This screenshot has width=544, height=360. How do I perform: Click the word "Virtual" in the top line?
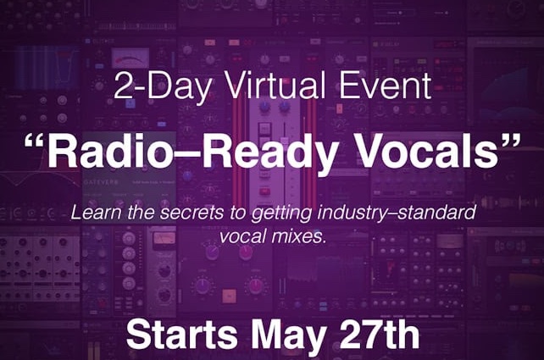[277, 85]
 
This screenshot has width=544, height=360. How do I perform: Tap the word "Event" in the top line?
[385, 85]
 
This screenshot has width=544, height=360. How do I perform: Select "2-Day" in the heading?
[162, 86]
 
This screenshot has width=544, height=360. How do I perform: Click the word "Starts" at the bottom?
[182, 335]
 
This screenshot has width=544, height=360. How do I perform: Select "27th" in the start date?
[379, 335]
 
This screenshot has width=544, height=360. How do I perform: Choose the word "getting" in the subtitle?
[281, 214]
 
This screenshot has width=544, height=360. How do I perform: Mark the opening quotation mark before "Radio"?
[35, 142]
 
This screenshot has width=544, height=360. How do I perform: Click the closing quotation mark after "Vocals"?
[511, 142]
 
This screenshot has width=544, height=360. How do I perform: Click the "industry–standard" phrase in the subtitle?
[397, 213]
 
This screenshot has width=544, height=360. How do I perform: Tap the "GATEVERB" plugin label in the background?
[101, 182]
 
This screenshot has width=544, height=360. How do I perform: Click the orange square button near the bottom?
[229, 296]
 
